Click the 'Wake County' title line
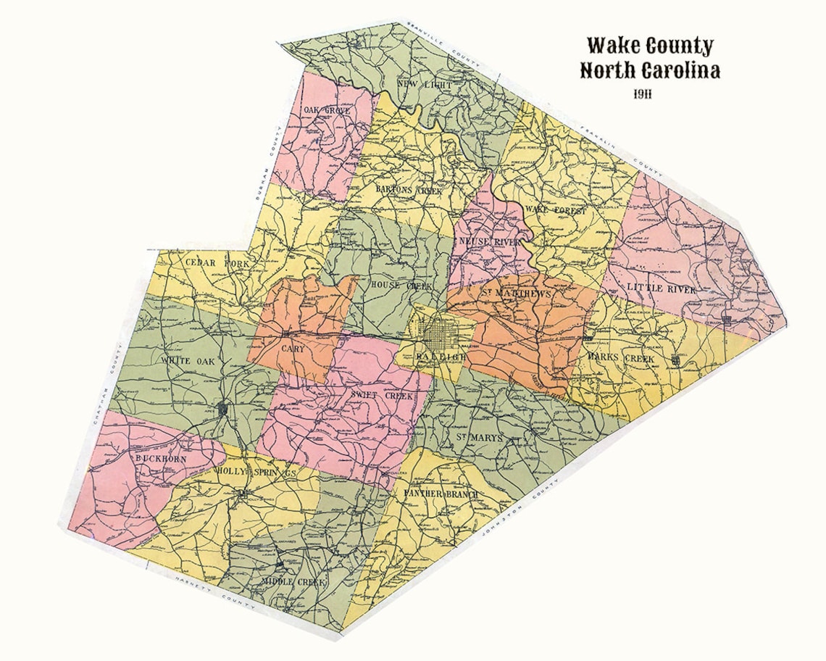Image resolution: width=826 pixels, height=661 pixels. click(x=650, y=46)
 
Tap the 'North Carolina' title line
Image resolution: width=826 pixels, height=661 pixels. click(x=650, y=71)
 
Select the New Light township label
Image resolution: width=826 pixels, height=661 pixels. click(x=425, y=86)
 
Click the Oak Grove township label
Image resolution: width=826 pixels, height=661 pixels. click(x=327, y=110)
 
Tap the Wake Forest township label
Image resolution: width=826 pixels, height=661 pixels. click(x=556, y=209)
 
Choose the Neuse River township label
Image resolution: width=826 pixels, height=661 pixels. click(x=490, y=241)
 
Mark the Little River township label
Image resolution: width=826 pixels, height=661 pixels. click(x=662, y=289)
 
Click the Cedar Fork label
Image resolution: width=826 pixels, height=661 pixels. click(x=217, y=263)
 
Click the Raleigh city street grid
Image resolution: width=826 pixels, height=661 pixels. click(x=442, y=335)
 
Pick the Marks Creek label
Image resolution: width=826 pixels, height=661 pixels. click(x=621, y=359)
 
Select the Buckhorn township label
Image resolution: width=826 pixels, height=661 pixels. click(x=161, y=459)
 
